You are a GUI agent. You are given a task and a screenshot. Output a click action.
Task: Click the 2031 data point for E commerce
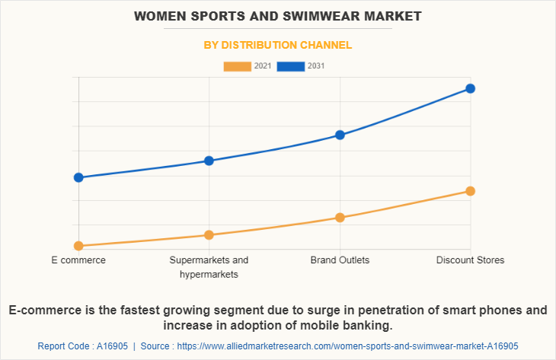point(78,177)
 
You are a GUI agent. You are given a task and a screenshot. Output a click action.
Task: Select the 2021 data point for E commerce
point(78,246)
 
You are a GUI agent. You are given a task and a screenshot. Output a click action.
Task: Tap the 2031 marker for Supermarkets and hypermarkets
point(209,161)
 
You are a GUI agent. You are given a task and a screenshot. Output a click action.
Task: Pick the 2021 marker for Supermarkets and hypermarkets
point(209,234)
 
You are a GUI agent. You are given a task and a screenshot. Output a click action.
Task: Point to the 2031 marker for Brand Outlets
point(340,135)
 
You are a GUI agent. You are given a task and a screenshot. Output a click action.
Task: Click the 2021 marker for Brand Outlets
point(340,218)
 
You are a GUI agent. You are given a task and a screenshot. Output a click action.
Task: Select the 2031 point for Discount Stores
point(470,88)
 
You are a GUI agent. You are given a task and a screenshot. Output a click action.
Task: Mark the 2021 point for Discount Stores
point(470,191)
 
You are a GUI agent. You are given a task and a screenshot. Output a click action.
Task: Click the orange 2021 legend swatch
point(237,66)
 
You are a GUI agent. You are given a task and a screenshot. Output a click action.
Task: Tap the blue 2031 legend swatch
point(290,66)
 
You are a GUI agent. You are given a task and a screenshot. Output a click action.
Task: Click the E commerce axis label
point(78,260)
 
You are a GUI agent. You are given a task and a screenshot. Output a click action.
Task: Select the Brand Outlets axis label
point(340,260)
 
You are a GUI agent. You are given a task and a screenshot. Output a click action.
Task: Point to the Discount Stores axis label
point(470,260)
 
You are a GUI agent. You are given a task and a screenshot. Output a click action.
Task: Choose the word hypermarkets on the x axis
point(209,274)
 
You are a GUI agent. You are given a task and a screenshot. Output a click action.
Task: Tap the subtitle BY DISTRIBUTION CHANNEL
point(278,45)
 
